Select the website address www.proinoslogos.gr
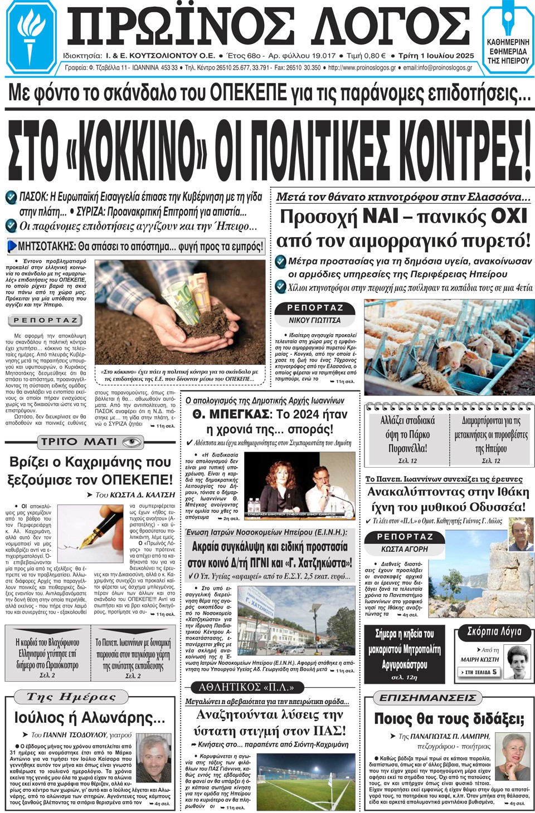(x=362, y=68)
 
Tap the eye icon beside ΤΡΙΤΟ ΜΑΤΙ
(x=132, y=442)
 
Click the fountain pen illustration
(x=89, y=532)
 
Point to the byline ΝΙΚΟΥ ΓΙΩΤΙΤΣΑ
(x=314, y=320)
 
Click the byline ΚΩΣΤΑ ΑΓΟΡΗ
(x=405, y=548)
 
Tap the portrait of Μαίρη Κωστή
(x=518, y=661)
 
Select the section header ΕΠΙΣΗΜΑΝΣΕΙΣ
(x=427, y=698)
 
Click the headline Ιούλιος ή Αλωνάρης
(x=89, y=717)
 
